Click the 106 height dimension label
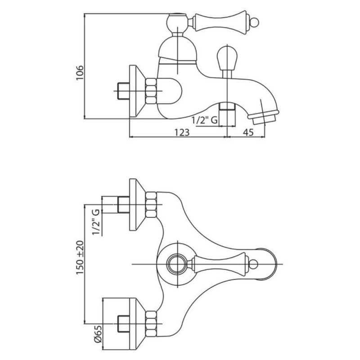80,73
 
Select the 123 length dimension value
182,132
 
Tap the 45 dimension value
248,132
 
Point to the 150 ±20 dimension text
80,257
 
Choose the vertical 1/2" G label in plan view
96,222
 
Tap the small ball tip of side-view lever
255,22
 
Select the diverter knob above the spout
227,58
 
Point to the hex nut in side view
151,91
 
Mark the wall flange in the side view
137,92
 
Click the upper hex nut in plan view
151,205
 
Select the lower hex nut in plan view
151,324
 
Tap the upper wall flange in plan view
137,205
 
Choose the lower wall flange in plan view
137,324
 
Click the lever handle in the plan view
220,264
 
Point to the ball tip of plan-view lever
253,264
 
